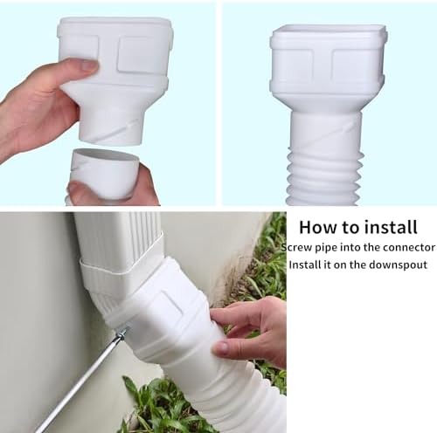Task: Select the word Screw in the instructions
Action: tap(298, 248)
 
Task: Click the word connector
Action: tap(403, 248)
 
